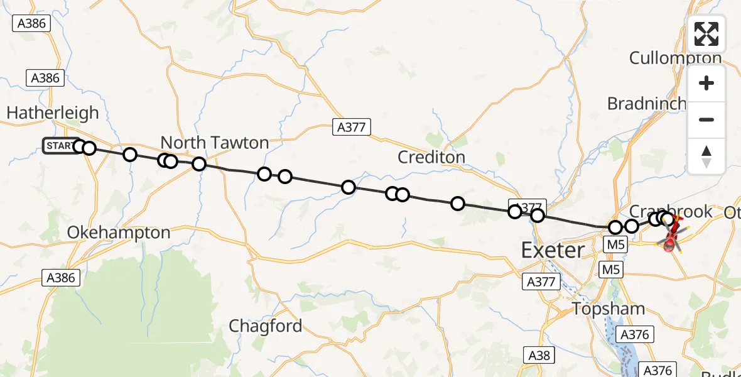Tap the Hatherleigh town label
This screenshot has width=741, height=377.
[53, 113]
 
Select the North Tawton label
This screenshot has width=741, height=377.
[215, 143]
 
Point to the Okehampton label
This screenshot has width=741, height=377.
[119, 232]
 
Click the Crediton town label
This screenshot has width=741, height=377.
[431, 157]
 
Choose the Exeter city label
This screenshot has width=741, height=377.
[553, 251]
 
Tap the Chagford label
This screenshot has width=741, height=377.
[265, 326]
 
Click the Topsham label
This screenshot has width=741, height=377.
[608, 309]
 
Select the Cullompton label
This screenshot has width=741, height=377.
[675, 58]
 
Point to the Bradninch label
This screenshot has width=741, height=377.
[646, 104]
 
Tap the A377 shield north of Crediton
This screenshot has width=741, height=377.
[351, 128]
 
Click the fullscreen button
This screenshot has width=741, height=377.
[706, 34]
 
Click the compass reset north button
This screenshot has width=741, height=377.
[706, 156]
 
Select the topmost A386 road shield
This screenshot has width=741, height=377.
[31, 23]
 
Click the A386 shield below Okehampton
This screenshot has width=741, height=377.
[61, 277]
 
